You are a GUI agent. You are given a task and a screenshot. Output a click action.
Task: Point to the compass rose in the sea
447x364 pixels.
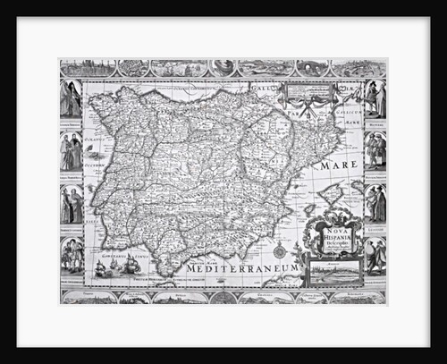[x=279, y=250]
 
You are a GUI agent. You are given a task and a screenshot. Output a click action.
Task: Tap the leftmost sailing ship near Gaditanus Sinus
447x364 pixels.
[x=99, y=268]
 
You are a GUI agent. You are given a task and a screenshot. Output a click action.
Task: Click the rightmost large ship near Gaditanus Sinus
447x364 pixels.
[x=133, y=265]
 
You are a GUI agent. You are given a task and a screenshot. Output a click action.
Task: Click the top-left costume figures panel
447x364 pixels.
[x=72, y=98]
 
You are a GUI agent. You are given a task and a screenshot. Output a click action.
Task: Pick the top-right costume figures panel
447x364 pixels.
[x=375, y=98]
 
